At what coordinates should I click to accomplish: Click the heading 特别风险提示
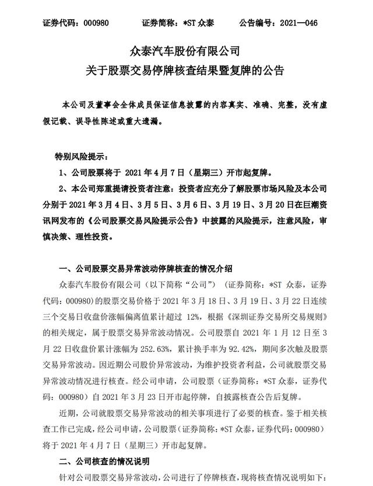click(x=77, y=157)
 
